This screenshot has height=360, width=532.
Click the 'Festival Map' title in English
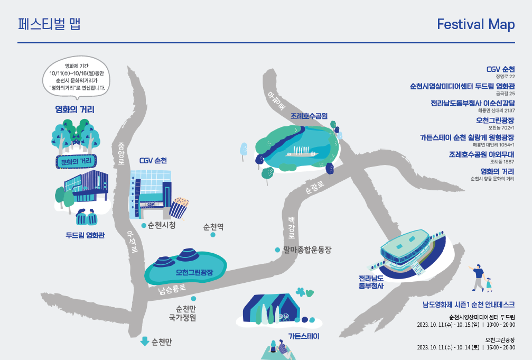coord(475,24)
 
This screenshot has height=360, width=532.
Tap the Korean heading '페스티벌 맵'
coord(49,24)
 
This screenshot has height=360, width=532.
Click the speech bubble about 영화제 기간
coord(77,77)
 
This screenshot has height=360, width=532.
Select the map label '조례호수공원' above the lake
coord(309,115)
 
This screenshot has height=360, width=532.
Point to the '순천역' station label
coord(213,227)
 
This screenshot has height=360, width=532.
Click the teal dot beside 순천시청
coord(144,225)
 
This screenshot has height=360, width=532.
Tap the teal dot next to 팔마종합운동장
coord(277,250)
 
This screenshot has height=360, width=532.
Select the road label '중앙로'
coord(121,153)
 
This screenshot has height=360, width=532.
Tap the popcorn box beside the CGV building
coord(179,207)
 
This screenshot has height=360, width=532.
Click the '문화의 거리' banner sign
coord(77,161)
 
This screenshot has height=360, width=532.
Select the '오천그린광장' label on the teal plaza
coord(194,272)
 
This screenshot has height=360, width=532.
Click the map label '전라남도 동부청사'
coord(371,282)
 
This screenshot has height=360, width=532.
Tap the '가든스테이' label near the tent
coord(304,336)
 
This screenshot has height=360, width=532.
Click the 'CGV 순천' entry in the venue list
coord(500,69)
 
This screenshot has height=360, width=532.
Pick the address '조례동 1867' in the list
coord(502,162)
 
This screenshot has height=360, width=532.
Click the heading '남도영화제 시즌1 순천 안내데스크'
coord(468,305)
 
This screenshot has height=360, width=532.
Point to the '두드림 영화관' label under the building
coord(85,235)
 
